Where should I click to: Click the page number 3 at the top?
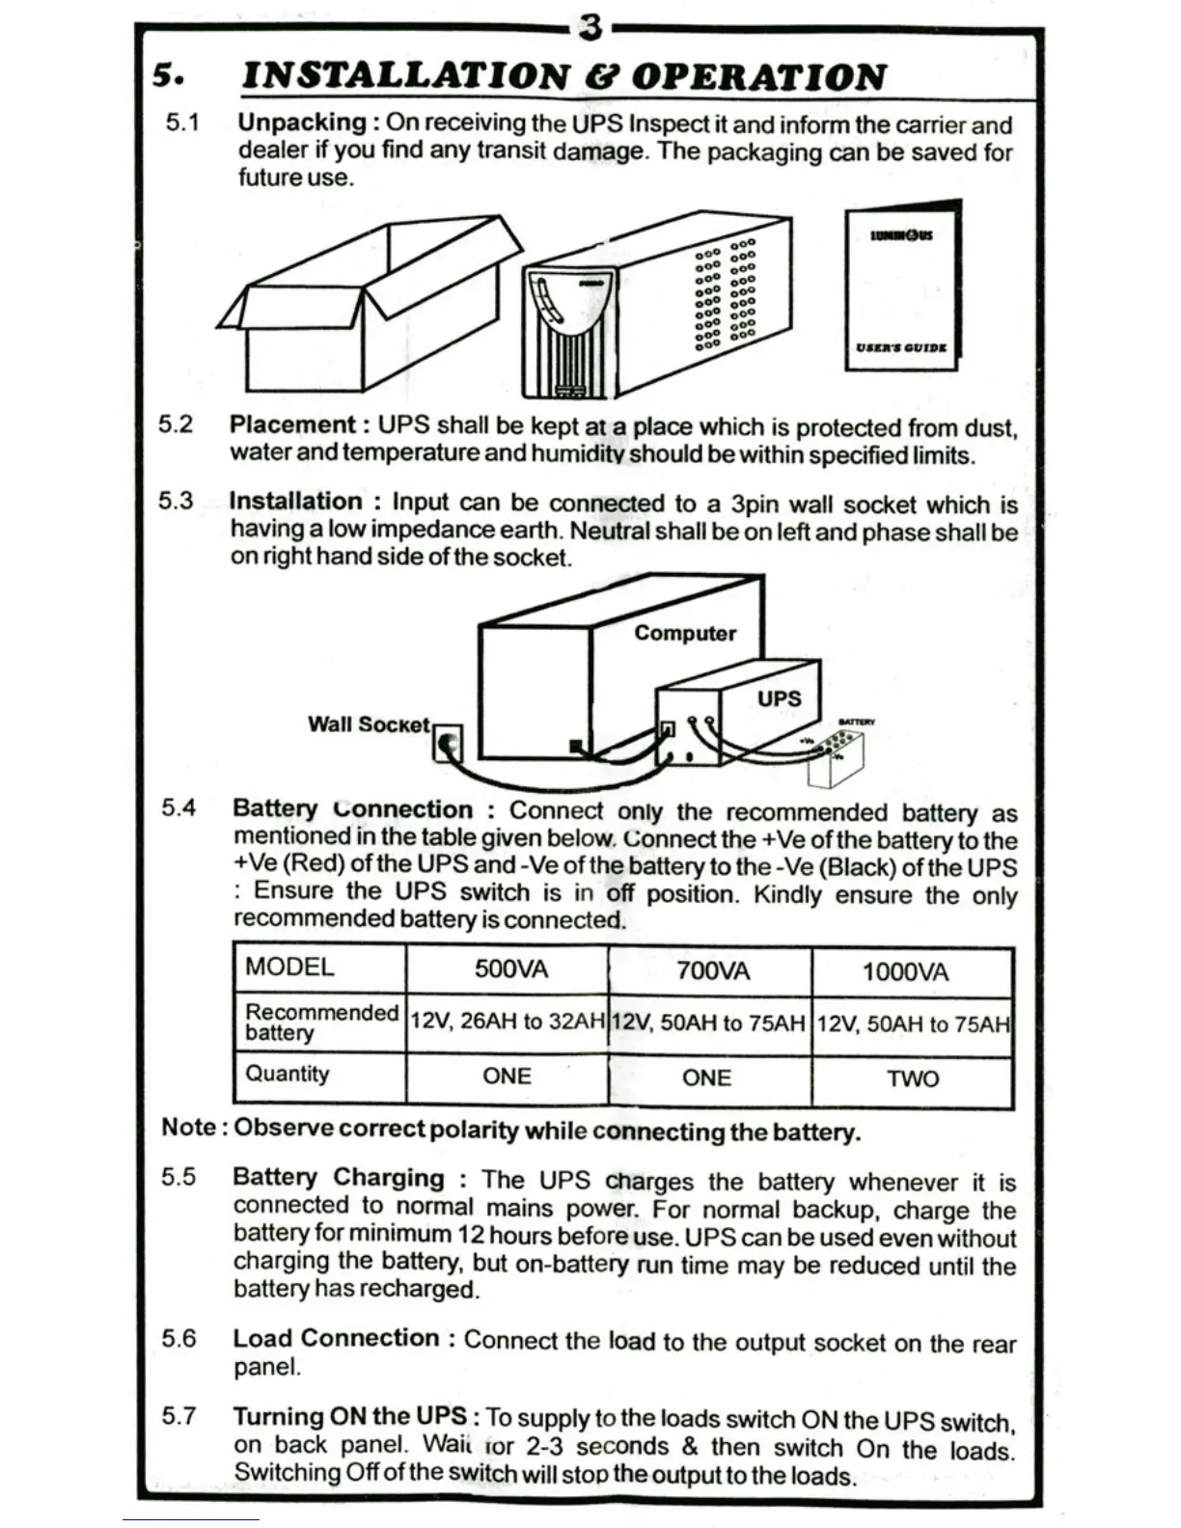coord(590,28)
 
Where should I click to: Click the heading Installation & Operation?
coord(563,76)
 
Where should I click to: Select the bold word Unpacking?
coord(302,123)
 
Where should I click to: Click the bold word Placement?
coord(292,425)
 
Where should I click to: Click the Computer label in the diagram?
coord(685,634)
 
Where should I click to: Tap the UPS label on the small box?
coord(779,698)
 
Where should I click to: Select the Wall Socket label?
coord(368,724)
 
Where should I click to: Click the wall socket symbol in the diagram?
coord(448,744)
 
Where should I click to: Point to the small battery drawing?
coord(837,758)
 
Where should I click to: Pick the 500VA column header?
coord(510,969)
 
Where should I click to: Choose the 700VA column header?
coord(712,970)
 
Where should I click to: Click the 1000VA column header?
coord(905,971)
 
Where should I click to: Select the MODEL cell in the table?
coord(289,968)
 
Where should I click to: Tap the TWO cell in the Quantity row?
coord(913,1078)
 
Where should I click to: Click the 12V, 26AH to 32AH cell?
coord(508,1022)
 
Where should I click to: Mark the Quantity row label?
coord(288,1075)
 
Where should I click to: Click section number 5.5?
coord(179,1178)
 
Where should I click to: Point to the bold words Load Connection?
coord(336,1339)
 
